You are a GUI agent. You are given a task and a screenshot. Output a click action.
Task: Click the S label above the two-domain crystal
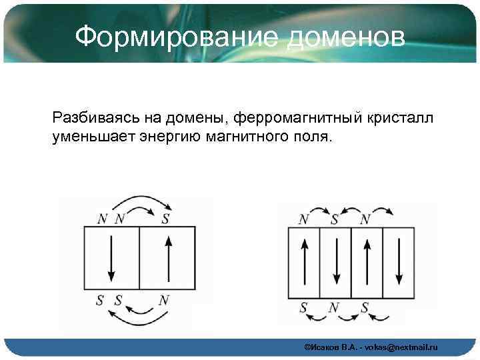(x=165, y=217)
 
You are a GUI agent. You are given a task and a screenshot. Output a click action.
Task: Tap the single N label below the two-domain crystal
(x=163, y=300)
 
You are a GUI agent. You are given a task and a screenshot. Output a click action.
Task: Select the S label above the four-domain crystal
(x=335, y=218)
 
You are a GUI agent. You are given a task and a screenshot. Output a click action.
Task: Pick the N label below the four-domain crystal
(x=335, y=307)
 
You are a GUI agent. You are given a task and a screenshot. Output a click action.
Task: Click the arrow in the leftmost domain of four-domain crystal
(x=304, y=262)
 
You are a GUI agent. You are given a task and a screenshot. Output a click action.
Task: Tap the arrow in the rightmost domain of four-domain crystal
(x=397, y=262)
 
